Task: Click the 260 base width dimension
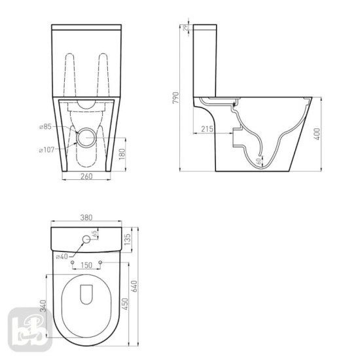click(86, 175)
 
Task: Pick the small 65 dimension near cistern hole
click(96, 233)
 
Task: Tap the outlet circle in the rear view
click(85, 137)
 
